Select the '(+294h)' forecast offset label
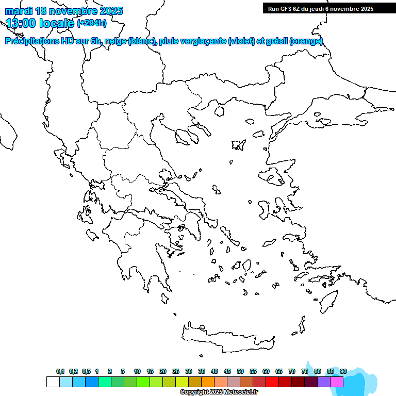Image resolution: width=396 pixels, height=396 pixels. tap(92, 23)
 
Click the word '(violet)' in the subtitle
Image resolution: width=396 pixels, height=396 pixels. tap(241, 41)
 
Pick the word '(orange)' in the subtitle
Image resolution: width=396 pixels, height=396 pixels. tap(306, 41)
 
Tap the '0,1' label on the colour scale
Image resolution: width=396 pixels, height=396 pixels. tap(60, 371)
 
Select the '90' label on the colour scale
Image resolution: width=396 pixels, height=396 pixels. tap(343, 371)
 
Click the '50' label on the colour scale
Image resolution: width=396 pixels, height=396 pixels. tap(240, 371)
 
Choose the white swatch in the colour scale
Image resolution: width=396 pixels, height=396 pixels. tap(53, 382)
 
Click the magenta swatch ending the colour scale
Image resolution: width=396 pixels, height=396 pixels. tap(337, 382)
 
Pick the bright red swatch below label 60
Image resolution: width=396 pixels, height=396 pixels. tap(272, 382)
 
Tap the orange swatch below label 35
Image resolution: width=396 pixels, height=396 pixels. tap(208, 382)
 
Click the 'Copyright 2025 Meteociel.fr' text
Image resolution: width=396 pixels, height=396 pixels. tap(219, 392)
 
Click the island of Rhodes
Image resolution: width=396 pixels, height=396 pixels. tap(327, 301)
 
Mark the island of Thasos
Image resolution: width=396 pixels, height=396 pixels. tap(219, 112)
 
